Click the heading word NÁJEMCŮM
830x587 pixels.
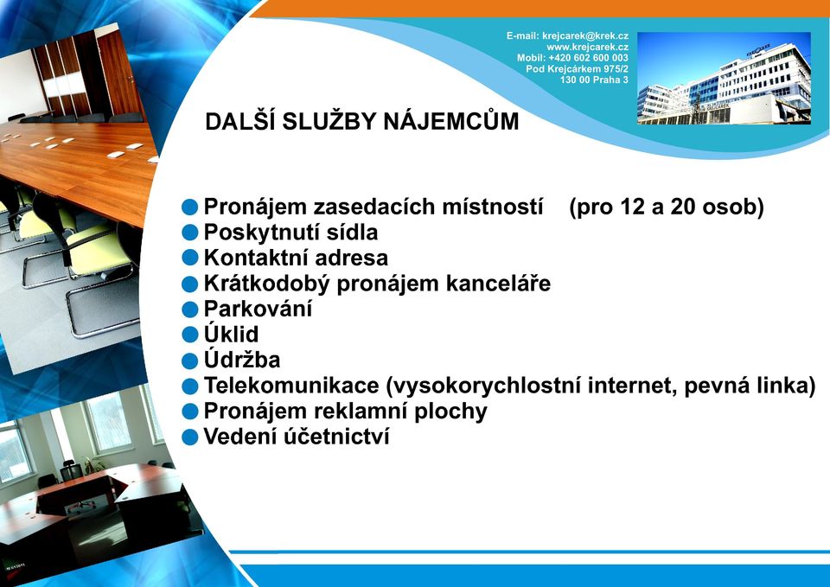click(451, 121)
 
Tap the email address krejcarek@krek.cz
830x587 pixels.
click(585, 36)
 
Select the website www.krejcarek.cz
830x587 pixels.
click(588, 47)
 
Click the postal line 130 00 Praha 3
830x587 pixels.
click(594, 80)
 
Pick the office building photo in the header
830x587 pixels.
click(724, 79)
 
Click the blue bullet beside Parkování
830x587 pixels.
click(189, 309)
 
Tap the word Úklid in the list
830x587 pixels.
click(232, 333)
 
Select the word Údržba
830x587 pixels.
click(242, 359)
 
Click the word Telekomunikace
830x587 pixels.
click(291, 386)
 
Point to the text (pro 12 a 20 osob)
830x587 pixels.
click(667, 207)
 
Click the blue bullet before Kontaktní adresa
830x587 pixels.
click(189, 258)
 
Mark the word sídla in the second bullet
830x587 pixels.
click(353, 232)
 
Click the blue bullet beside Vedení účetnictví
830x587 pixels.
click(189, 437)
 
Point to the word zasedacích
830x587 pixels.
click(375, 207)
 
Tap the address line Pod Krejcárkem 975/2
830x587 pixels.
click(577, 69)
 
